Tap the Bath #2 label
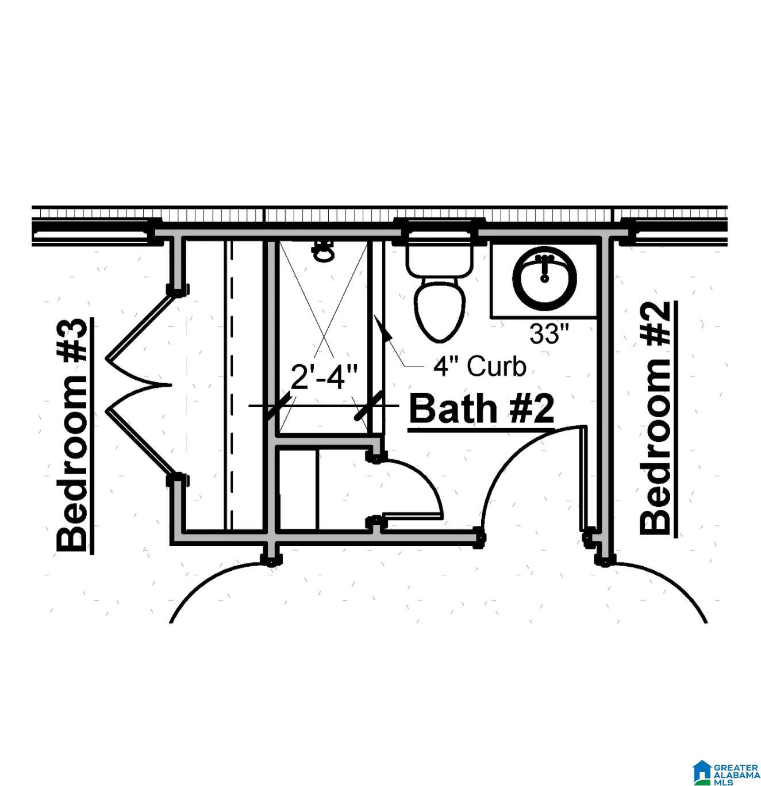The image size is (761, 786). (482, 409)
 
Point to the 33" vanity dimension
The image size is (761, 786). (549, 334)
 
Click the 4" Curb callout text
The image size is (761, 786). (480, 367)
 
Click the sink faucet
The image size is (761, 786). (544, 268)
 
